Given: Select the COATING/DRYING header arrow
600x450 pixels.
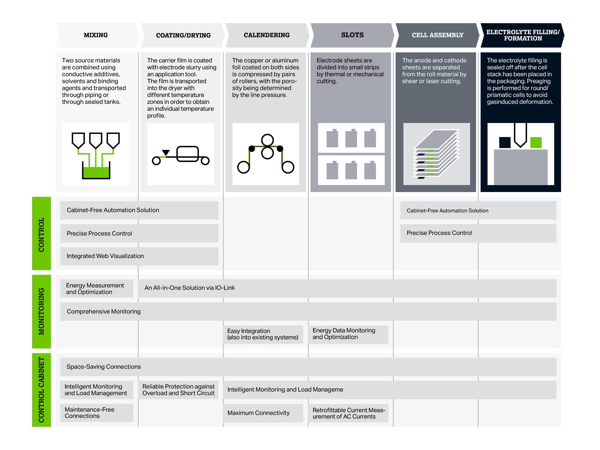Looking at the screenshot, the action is [x=183, y=35].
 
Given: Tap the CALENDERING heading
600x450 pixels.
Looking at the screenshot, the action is [x=267, y=35].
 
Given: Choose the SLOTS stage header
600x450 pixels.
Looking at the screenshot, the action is [x=352, y=35].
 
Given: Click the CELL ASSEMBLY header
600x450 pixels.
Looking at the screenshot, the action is [x=437, y=35].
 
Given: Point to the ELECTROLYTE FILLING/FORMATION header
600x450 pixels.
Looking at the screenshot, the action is [x=523, y=35].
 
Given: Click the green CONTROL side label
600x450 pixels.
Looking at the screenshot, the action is [x=41, y=233].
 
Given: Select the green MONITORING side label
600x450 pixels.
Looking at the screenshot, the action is [x=41, y=311].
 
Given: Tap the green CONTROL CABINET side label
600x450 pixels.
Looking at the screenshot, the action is [x=41, y=390].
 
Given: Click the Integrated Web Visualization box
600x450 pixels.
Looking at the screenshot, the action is [x=139, y=256].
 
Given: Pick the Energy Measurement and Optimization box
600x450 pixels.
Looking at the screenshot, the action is [x=97, y=289].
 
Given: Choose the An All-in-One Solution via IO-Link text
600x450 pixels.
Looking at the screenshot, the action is [x=190, y=288].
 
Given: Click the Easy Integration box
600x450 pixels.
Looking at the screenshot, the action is [x=263, y=334].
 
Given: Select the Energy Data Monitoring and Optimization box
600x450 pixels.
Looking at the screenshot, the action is [x=348, y=334].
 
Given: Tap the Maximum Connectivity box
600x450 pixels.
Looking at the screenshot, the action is [x=263, y=413].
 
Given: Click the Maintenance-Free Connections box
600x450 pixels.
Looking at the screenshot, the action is [x=97, y=413].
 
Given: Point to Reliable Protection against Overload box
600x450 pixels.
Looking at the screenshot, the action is [x=178, y=390].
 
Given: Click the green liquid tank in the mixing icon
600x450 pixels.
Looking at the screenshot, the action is [x=96, y=172].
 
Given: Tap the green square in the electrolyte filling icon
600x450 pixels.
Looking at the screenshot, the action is [x=536, y=142].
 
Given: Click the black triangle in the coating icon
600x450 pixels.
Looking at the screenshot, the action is [x=166, y=153].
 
